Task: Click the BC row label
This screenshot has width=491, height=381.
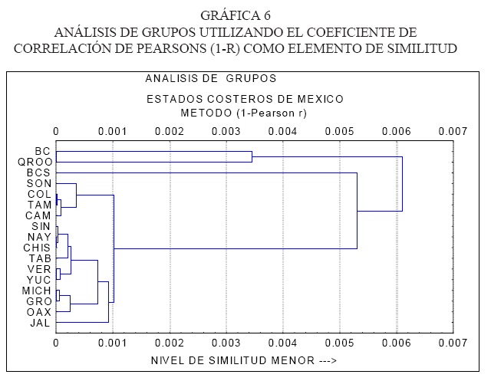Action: click(43, 152)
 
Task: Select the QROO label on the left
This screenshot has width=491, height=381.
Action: click(35, 163)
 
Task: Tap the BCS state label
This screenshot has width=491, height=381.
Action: click(38, 173)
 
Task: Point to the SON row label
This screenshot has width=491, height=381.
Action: click(38, 184)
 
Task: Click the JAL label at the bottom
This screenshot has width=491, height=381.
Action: click(40, 324)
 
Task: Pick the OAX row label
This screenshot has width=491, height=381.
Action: click(39, 313)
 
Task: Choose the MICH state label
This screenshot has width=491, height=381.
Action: click(38, 291)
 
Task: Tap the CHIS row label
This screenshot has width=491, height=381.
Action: click(37, 248)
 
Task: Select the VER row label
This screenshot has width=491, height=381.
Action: click(39, 270)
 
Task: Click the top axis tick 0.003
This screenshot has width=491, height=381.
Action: click(226, 130)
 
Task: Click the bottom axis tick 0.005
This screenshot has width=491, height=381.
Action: click(339, 344)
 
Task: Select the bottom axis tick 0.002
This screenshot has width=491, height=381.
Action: click(169, 344)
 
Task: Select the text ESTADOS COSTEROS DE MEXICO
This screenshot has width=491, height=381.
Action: click(245, 99)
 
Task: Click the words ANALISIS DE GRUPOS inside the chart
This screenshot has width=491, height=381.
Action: click(210, 78)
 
